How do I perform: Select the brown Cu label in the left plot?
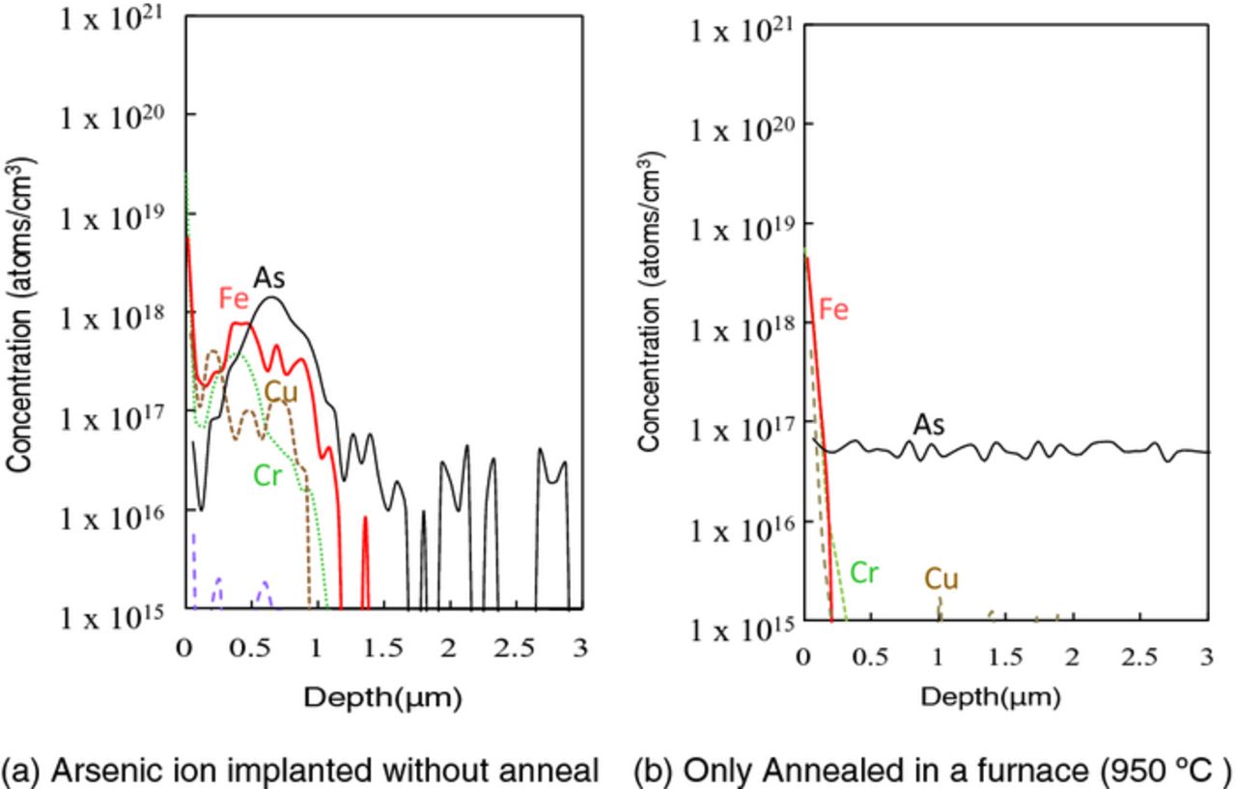pyautogui.click(x=281, y=393)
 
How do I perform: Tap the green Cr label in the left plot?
pyautogui.click(x=269, y=475)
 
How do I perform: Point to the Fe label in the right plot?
pyautogui.click(x=834, y=310)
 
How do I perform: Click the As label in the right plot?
pyautogui.click(x=929, y=425)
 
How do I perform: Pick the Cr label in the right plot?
pyautogui.click(x=863, y=573)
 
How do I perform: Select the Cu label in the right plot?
pyautogui.click(x=941, y=579)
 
